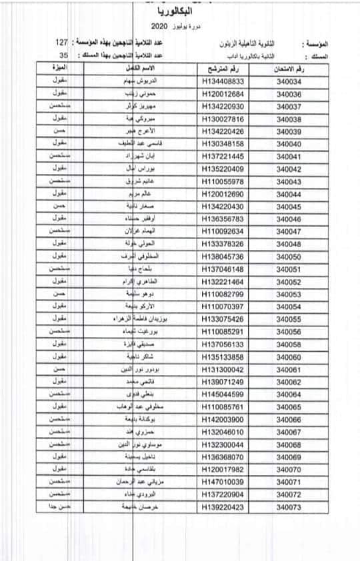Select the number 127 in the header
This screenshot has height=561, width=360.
tap(62, 42)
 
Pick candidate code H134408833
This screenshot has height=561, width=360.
tap(225, 81)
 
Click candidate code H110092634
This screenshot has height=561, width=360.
tap(225, 231)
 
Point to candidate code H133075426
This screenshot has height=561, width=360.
tap(225, 319)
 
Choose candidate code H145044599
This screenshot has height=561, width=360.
tap(225, 394)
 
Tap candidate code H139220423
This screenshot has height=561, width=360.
tap(225, 508)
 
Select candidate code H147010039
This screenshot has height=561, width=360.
tap(225, 482)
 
